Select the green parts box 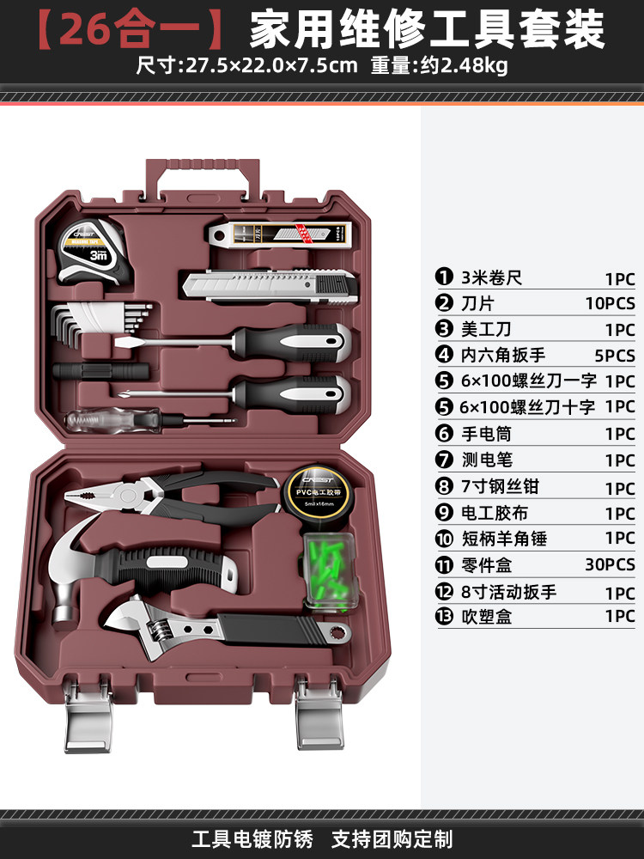click(329, 571)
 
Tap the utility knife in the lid click(269, 286)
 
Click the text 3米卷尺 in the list click(491, 277)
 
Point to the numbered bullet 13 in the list click(444, 616)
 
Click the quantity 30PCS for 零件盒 click(607, 564)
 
